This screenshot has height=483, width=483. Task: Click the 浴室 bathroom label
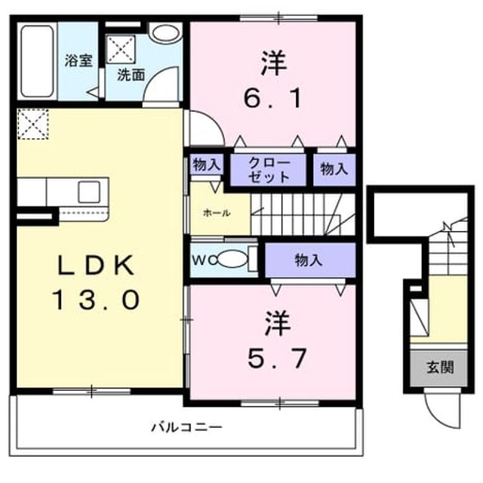(78, 60)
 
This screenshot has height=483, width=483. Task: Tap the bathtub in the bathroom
(37, 61)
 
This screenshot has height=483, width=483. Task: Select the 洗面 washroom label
(131, 75)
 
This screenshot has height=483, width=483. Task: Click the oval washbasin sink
(166, 33)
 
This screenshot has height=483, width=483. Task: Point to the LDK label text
(96, 265)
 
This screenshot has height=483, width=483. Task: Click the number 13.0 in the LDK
(97, 300)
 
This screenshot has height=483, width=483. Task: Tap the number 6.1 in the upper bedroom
(272, 99)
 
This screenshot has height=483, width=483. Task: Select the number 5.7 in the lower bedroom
(277, 358)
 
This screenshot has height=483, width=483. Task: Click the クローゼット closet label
(269, 170)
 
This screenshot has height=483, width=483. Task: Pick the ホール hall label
(217, 213)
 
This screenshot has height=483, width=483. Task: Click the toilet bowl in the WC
(232, 259)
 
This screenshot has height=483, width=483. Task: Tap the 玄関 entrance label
(440, 368)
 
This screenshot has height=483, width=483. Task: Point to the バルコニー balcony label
(186, 427)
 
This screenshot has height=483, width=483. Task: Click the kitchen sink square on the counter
(89, 192)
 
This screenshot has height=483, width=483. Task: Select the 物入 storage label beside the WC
(308, 260)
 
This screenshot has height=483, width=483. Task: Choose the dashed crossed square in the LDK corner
(33, 124)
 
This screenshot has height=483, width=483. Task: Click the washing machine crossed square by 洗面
(121, 50)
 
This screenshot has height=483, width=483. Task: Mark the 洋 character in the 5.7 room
(278, 323)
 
